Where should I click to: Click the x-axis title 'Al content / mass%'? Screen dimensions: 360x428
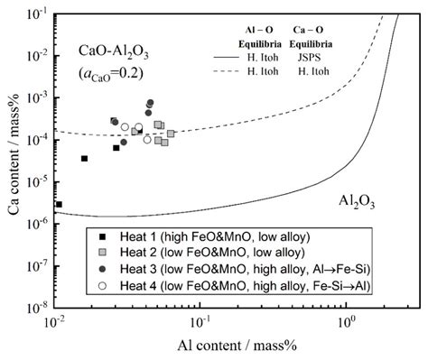point(236,346)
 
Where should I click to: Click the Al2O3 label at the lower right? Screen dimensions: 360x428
point(358,199)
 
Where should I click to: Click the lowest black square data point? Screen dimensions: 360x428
point(59,205)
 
